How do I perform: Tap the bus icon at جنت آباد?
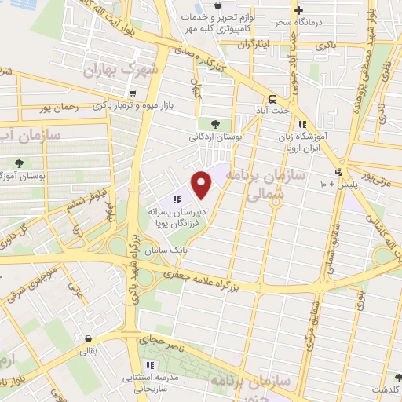tap(272, 99)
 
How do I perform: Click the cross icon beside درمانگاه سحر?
tap(298, 10)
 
